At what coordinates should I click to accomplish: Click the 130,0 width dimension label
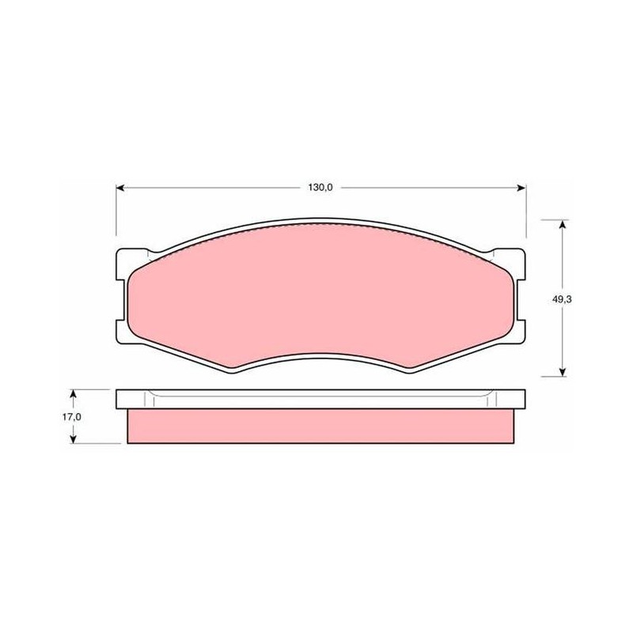pyautogui.click(x=320, y=188)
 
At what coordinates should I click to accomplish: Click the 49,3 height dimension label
pyautogui.click(x=562, y=299)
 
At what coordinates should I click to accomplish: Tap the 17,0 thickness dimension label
pyautogui.click(x=71, y=417)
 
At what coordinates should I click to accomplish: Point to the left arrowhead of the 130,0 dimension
pyautogui.click(x=120, y=188)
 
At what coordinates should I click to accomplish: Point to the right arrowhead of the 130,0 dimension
pyautogui.click(x=521, y=188)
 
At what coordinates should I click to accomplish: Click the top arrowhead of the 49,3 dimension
pyautogui.click(x=562, y=224)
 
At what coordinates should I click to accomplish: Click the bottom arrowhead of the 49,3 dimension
pyautogui.click(x=562, y=372)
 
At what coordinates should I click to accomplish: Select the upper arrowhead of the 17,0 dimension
pyautogui.click(x=73, y=393)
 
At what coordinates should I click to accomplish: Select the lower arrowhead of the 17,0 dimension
pyautogui.click(x=73, y=439)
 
